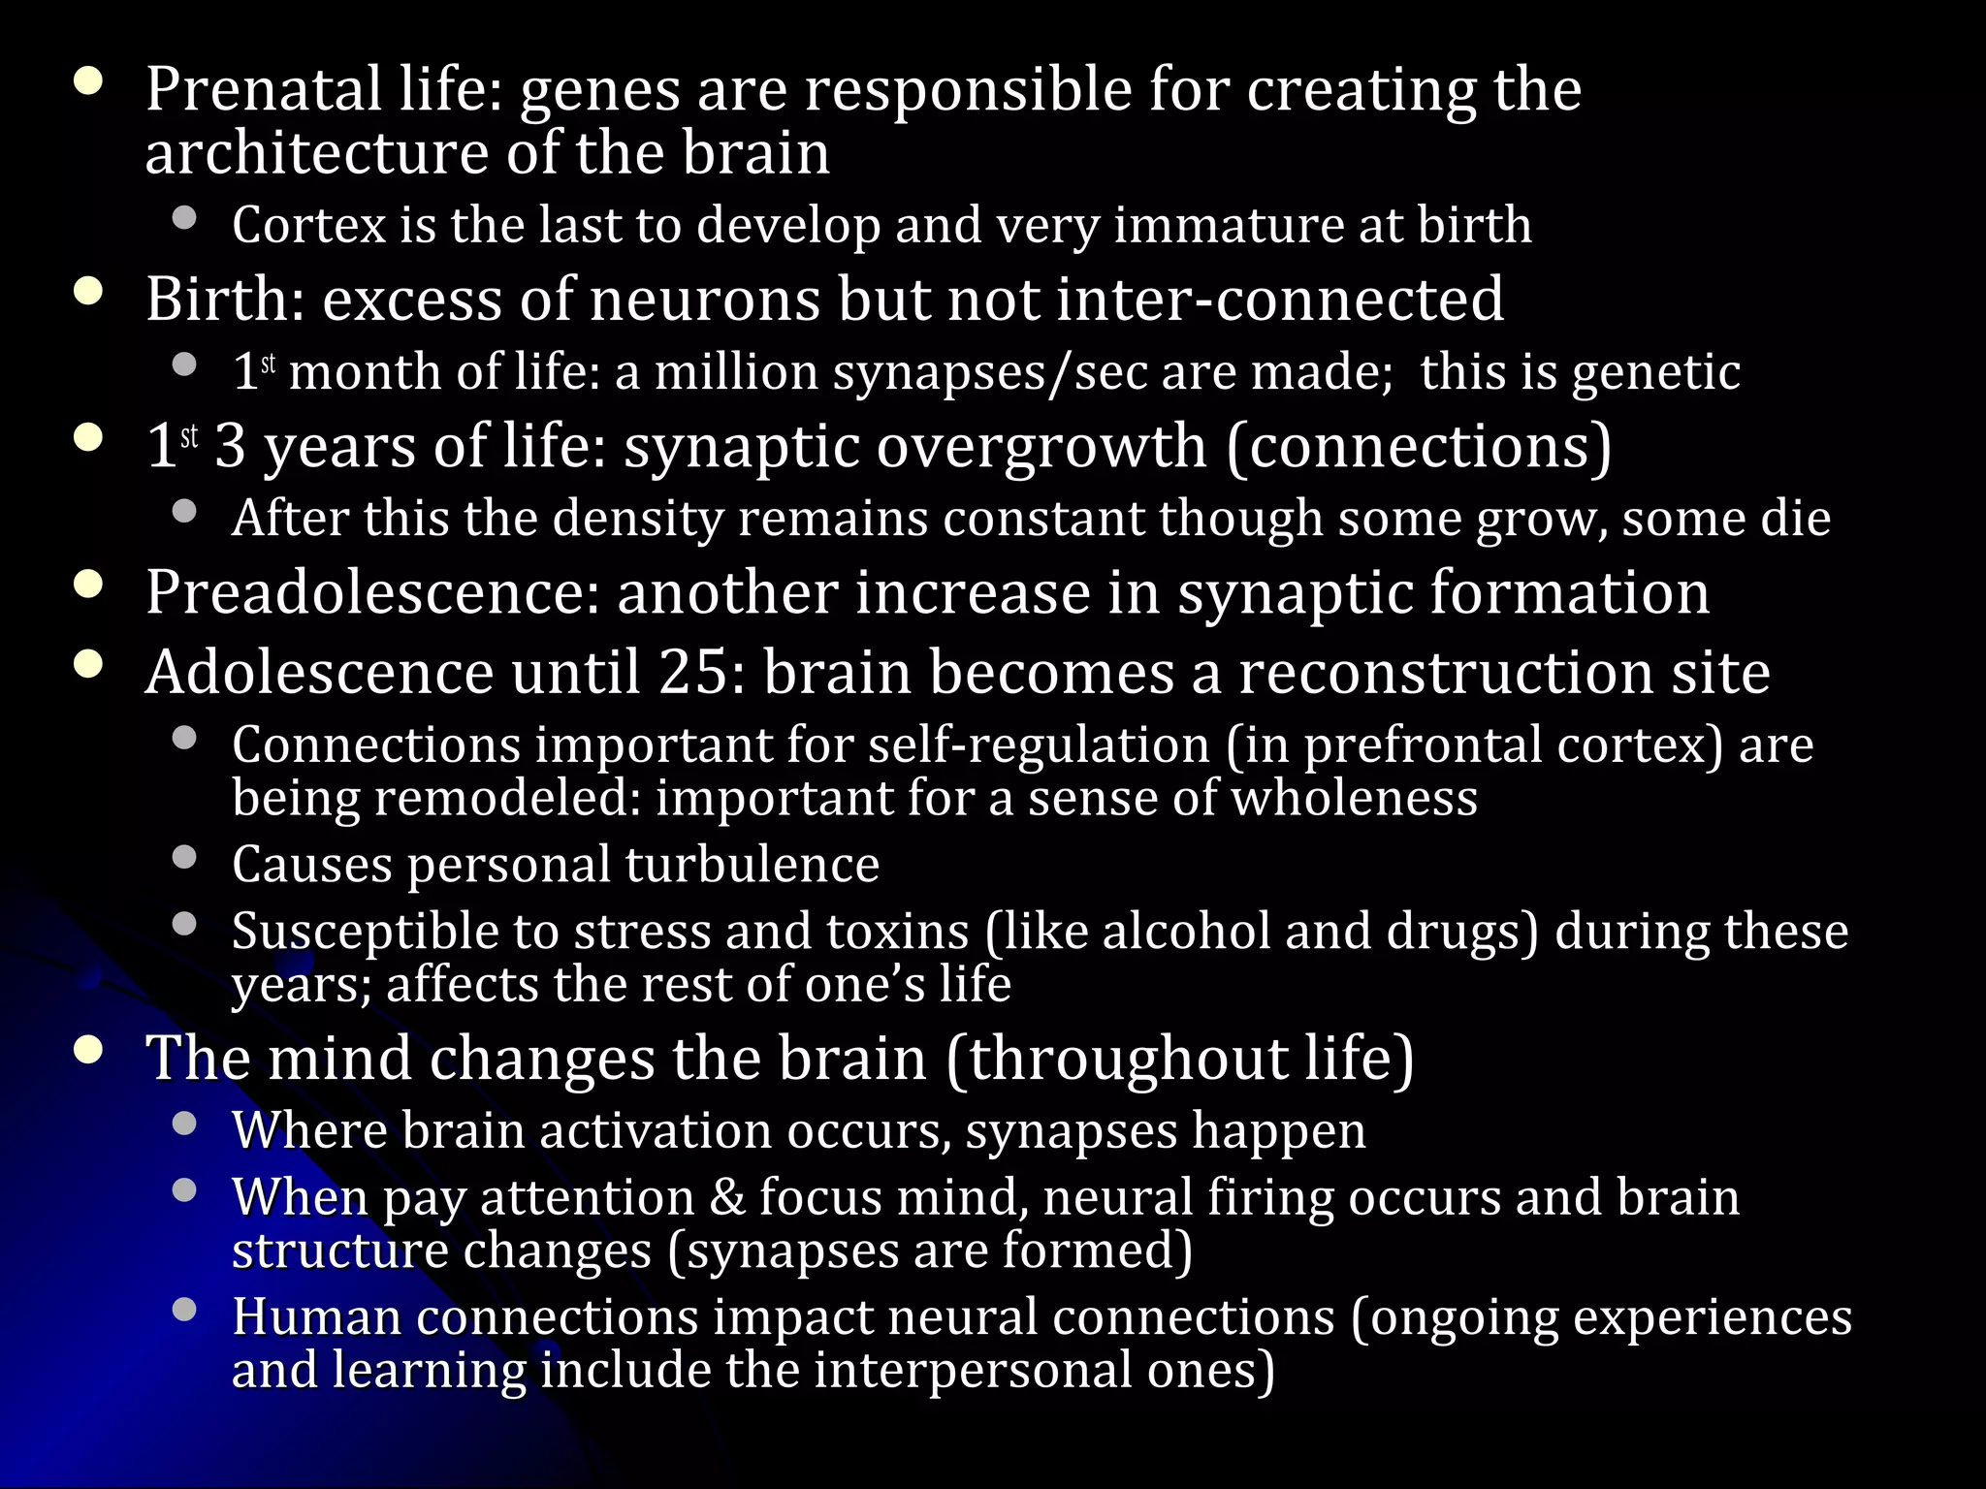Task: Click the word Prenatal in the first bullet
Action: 263,90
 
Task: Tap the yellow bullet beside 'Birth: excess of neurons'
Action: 88,292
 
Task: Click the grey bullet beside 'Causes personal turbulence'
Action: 184,857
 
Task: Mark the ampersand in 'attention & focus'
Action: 727,1197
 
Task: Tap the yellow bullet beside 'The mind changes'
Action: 88,1051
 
